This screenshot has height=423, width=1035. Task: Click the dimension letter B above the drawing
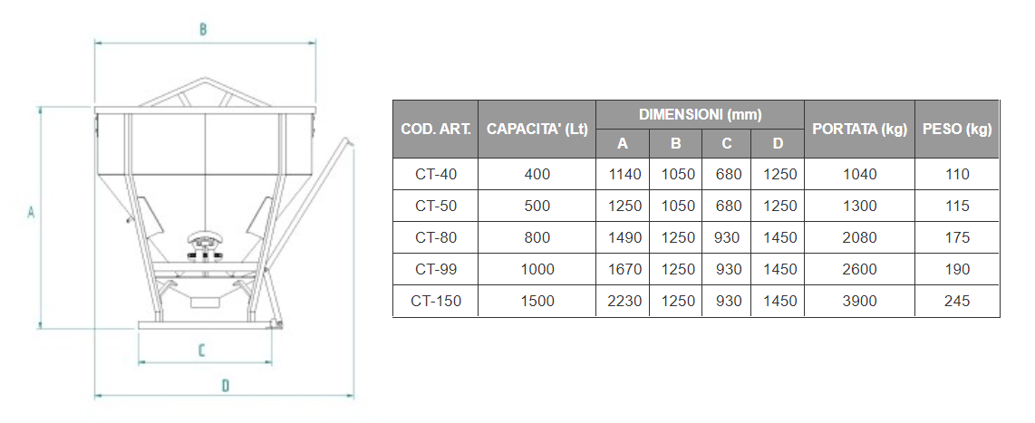[x=203, y=29]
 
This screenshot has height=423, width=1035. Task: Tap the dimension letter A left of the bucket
[x=31, y=213]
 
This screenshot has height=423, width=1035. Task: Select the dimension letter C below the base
[x=203, y=351]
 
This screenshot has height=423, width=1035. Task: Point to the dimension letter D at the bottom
[x=225, y=385]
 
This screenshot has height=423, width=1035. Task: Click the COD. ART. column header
[x=436, y=130]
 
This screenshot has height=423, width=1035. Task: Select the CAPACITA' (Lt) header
[x=537, y=130]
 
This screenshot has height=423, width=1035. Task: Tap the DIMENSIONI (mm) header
[x=701, y=115]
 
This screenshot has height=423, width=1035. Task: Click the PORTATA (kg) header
[x=859, y=130]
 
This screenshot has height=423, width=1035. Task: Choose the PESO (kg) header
[x=957, y=130]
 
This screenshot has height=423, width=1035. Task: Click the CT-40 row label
[x=436, y=174]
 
